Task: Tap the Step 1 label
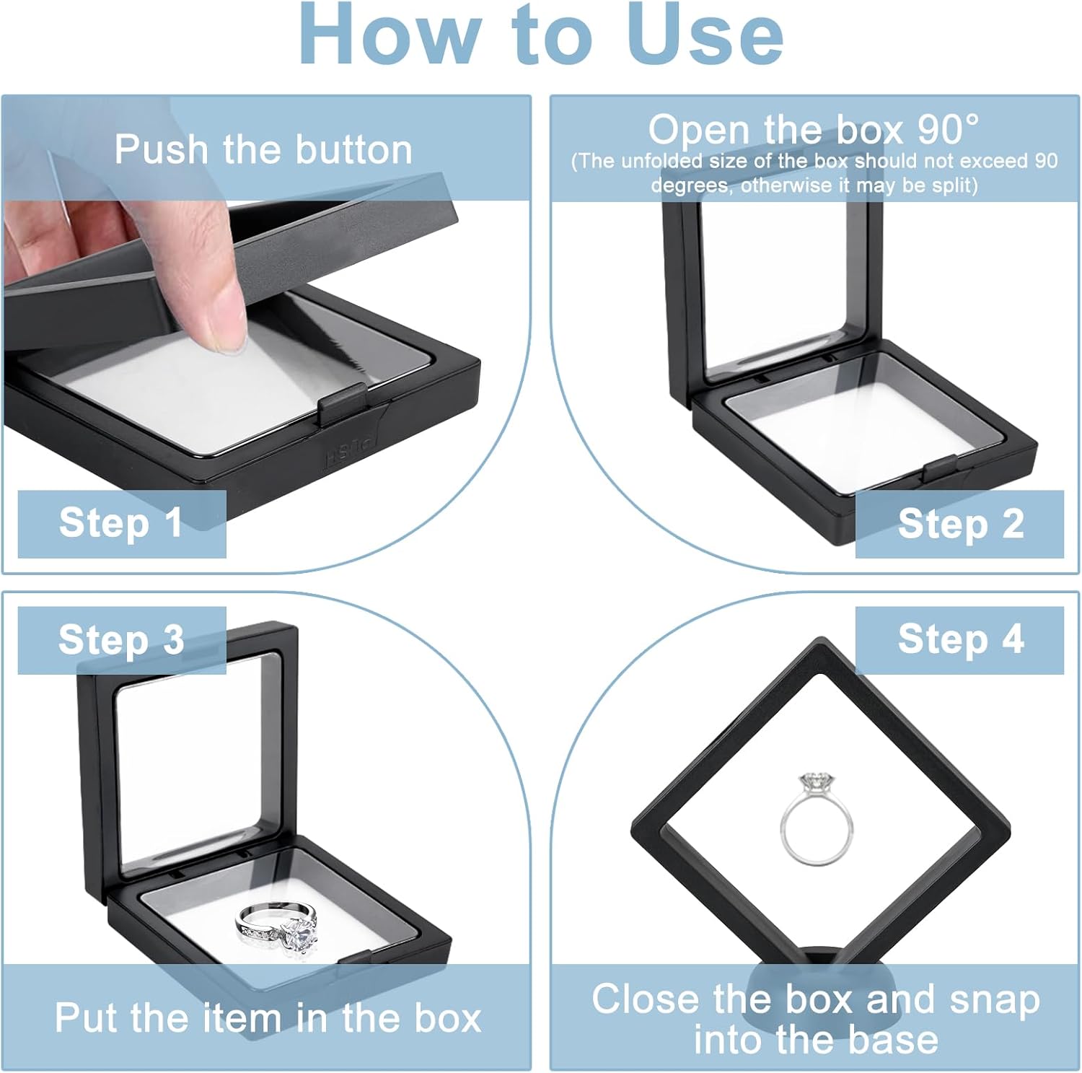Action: (120, 522)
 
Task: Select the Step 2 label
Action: (961, 524)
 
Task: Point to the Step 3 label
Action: (121, 640)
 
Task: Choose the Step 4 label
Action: (961, 639)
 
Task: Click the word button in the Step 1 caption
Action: (353, 149)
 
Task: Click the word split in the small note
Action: (952, 185)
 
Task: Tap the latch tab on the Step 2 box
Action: (941, 468)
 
